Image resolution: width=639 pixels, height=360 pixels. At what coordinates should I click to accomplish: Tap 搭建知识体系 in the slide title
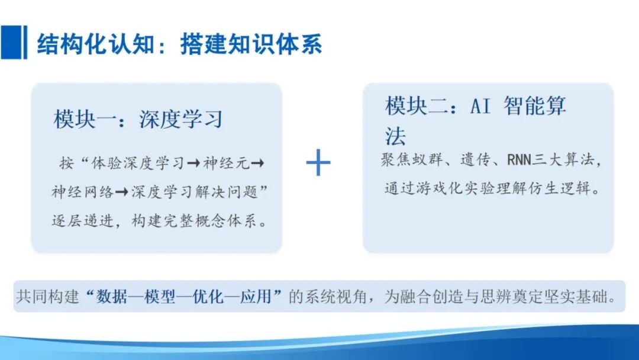(251, 43)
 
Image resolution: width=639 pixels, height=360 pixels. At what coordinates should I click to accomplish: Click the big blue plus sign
(318, 163)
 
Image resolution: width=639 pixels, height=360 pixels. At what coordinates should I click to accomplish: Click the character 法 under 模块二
(395, 136)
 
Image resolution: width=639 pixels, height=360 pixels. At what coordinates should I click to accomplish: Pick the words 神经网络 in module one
(82, 192)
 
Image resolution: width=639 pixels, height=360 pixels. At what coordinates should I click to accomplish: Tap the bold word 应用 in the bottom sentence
(255, 297)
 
